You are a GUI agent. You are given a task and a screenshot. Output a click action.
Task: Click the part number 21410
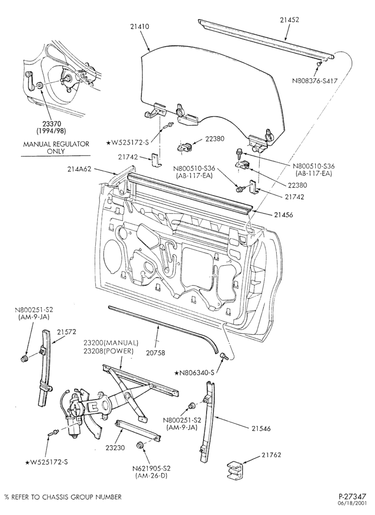point(139,27)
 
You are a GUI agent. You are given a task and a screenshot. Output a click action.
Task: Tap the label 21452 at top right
point(289,20)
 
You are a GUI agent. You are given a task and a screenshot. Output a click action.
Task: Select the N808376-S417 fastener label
point(315,80)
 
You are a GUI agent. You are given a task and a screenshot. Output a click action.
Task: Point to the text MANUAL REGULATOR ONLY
point(56,148)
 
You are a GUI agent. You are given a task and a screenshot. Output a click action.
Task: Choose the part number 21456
point(283,215)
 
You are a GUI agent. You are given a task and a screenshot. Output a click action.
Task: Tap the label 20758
point(156,353)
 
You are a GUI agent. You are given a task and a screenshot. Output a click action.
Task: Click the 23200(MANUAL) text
point(111,343)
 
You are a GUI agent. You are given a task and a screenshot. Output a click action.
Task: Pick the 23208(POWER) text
point(108,351)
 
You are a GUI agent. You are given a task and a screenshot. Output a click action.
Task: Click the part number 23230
point(115,448)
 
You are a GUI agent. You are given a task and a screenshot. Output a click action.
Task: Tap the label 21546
point(261,428)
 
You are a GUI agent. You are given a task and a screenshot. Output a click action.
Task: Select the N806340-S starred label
point(194,373)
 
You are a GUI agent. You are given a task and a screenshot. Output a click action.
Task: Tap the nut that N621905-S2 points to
point(140,445)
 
